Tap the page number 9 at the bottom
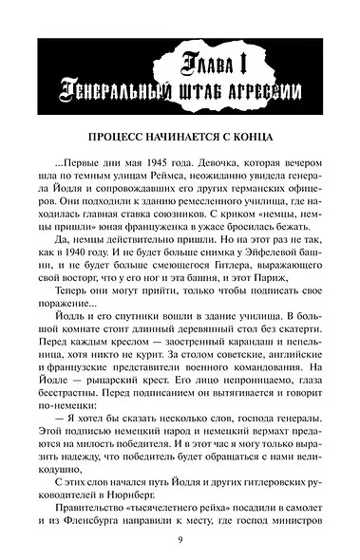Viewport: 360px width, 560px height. (x=180, y=540)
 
